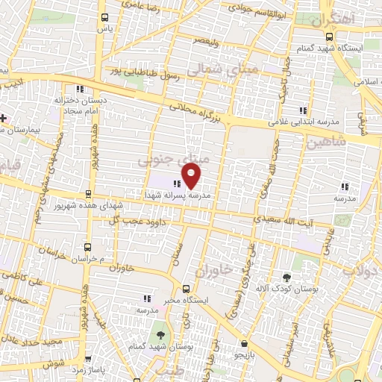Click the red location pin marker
click(192, 175)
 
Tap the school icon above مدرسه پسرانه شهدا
click(177, 183)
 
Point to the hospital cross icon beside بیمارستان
click(4, 118)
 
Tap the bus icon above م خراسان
click(88, 247)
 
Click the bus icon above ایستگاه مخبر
click(186, 288)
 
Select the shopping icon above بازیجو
click(244, 345)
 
